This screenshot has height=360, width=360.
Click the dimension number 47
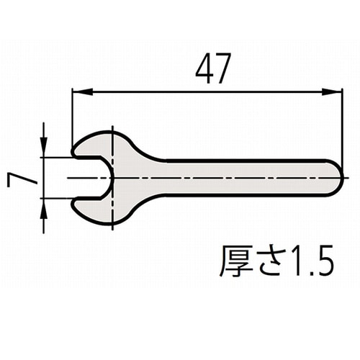(213, 68)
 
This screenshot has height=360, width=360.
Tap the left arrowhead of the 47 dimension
(82, 91)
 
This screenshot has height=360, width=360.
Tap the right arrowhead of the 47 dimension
(331, 91)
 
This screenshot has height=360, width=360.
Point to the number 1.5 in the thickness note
(312, 261)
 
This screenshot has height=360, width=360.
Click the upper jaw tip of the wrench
(73, 152)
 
